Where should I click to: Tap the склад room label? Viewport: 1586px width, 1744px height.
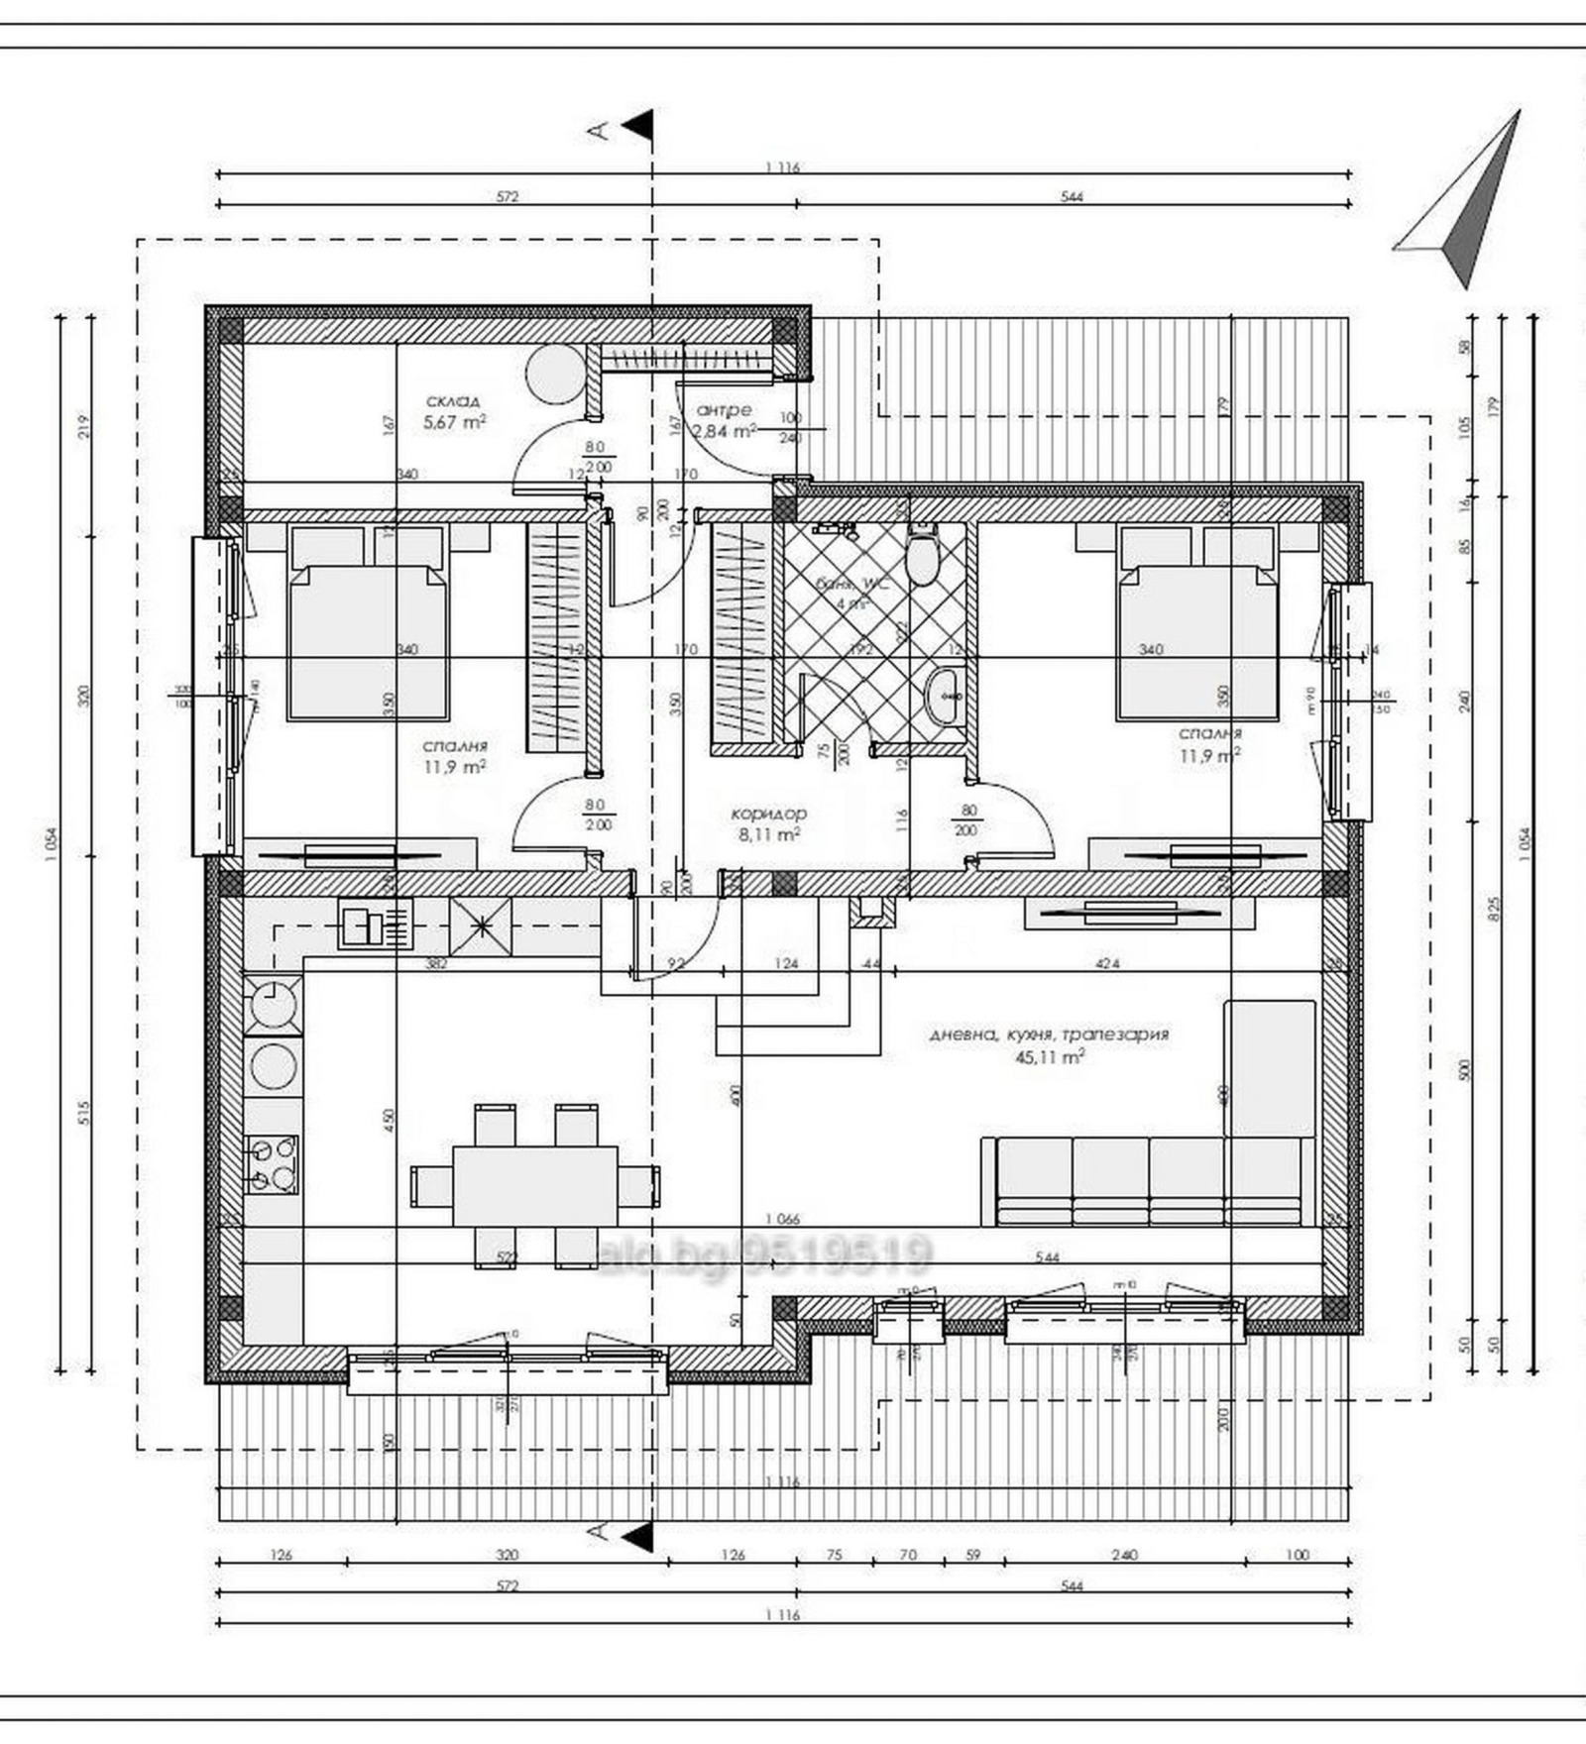pos(453,401)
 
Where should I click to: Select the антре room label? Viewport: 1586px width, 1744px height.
pos(724,409)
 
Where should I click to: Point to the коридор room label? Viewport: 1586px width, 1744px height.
pos(768,814)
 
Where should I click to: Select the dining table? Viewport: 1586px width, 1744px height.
pos(535,1186)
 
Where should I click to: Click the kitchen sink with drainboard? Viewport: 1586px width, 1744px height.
pos(375,924)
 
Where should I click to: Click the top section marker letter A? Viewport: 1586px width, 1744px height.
pos(598,130)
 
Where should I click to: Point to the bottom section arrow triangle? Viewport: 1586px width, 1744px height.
pos(639,1533)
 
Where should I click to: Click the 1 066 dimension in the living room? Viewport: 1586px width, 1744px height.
pos(783,1220)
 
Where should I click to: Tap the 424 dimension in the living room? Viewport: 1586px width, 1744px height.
pos(1107,963)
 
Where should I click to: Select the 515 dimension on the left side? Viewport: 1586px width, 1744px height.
pos(84,1114)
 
